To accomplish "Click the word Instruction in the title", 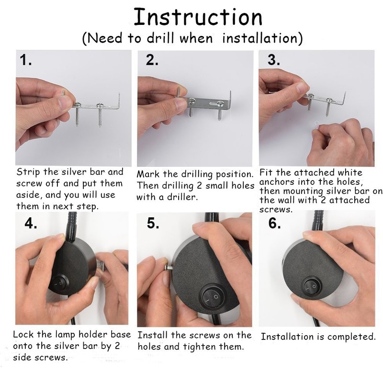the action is [x=198, y=17].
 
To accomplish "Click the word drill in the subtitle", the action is [x=160, y=38].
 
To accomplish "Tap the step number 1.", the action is [x=25, y=60].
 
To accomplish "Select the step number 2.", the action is [x=152, y=60].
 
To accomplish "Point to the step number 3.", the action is [x=274, y=60].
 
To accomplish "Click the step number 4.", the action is [x=31, y=223].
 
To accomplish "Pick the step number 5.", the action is [x=153, y=223].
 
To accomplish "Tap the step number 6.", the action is [x=274, y=223].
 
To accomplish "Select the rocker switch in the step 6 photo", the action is [x=312, y=286].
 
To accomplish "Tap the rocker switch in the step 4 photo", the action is [x=59, y=283].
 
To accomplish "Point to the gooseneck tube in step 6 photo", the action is [x=318, y=222].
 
